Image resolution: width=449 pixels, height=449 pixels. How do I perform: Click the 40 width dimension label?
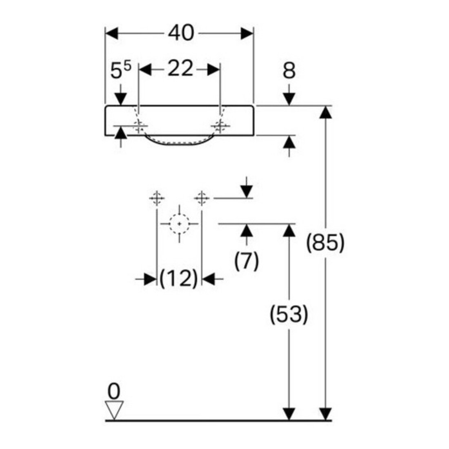tap(181, 33)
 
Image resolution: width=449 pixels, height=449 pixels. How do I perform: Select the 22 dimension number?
tap(180, 69)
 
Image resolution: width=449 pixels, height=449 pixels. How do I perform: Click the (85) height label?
tap(325, 243)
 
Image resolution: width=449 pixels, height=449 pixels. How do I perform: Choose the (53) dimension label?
tap(289, 314)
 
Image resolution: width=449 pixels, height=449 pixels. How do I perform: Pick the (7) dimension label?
tap(247, 260)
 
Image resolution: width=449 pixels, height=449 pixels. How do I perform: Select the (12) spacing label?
tap(179, 278)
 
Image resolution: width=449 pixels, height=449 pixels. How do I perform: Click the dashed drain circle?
tap(179, 224)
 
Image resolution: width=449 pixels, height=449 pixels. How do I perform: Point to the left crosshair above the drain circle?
tap(157, 198)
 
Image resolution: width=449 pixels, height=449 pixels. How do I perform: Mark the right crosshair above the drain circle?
tap(202, 198)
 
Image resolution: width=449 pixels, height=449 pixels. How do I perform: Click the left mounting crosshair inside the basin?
tap(139, 126)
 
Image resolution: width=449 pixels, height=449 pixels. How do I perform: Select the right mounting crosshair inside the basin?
tap(220, 126)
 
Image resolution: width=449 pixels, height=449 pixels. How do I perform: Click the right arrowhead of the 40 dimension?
tap(247, 33)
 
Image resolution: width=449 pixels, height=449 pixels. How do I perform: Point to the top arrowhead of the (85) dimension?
tap(326, 112)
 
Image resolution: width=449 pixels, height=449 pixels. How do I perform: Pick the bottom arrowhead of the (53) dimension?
tap(289, 414)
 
